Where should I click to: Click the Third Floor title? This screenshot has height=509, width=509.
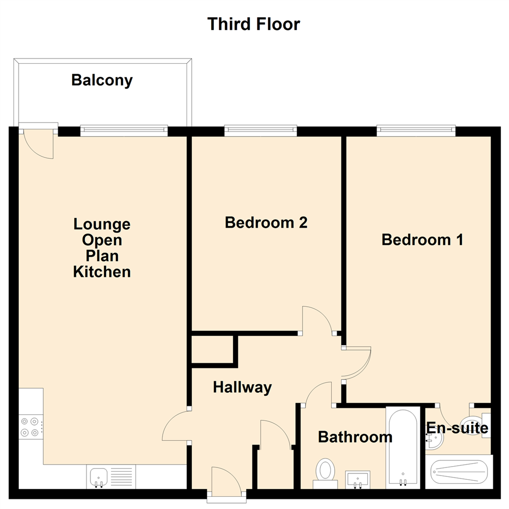coord(254,24)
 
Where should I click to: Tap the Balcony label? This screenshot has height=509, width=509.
coord(102,81)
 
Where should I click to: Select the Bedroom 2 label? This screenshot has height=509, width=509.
coord(266,222)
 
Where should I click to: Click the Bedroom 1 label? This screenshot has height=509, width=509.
coord(422,240)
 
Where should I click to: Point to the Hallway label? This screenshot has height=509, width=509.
coord(242,387)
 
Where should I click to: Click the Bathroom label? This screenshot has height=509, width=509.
coord(355,437)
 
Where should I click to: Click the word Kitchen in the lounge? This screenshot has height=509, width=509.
coord(102,272)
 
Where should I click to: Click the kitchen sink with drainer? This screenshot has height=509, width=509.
coord(110,477)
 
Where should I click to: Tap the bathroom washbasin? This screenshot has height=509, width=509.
coord(358,479)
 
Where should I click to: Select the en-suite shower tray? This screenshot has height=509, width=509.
coord(459,471)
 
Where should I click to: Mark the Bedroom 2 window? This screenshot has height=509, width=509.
coord(261,130)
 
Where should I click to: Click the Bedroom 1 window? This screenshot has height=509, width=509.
coord(416,130)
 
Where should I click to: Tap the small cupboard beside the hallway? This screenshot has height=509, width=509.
coord(213,350)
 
